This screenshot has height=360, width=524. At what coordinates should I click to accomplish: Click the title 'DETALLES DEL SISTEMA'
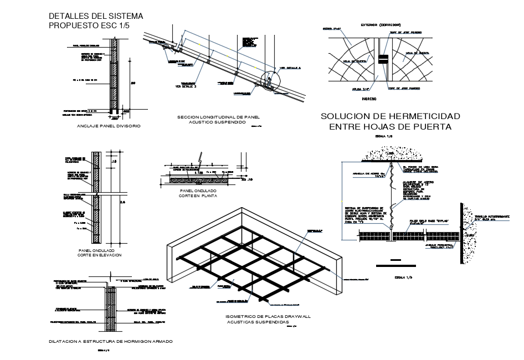[x=95, y=15]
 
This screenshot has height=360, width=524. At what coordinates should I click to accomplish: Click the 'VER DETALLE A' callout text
[x=290, y=68]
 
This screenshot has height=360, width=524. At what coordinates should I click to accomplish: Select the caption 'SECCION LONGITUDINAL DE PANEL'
[x=218, y=117]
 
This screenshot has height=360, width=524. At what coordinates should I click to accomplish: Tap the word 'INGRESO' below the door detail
[x=369, y=99]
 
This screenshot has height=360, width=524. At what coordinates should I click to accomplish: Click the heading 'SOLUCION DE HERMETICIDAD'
[x=390, y=116]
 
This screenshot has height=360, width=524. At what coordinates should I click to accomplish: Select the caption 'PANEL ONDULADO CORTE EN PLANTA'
[x=198, y=193]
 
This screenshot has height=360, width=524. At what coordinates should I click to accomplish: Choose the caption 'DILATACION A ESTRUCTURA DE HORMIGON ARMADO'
[x=111, y=341]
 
